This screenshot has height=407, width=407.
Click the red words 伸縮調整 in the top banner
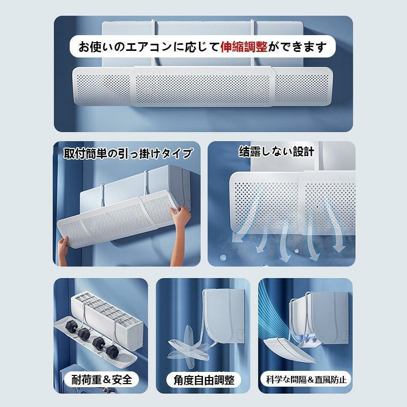coord(244,47)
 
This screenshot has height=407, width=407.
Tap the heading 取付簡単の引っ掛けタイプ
coord(128,154)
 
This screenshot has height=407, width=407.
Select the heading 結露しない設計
coord(276,152)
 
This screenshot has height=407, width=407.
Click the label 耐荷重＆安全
coord(102,380)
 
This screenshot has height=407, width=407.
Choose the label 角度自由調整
coord(204,380)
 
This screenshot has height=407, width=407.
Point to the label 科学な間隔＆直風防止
coord(306,380)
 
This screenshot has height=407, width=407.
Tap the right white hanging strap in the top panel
coord(252,44)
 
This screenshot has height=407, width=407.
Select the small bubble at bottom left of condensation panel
coord(223,258)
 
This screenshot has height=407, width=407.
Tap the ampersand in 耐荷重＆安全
coord(107,380)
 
